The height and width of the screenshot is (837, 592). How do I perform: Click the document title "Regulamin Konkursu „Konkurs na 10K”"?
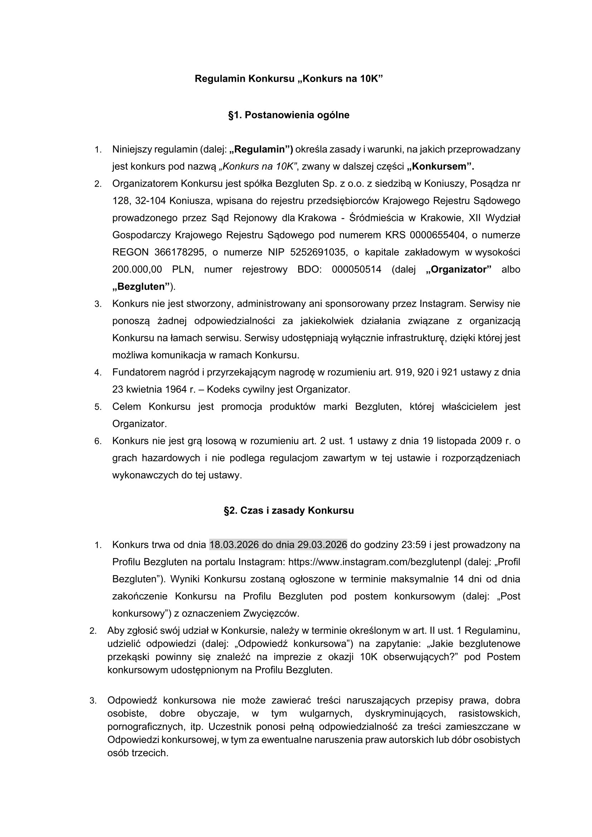tap(289, 79)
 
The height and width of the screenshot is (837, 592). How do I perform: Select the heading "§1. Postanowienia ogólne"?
tap(289, 115)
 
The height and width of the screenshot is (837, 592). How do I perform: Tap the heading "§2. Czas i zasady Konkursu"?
tap(289, 511)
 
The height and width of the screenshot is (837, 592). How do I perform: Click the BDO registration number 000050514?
tap(356, 270)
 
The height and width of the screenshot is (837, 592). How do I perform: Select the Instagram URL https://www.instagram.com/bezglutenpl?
tap(375, 562)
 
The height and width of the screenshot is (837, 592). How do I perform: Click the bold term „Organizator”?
tap(458, 270)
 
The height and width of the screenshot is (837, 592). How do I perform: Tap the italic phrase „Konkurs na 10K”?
tap(258, 166)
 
